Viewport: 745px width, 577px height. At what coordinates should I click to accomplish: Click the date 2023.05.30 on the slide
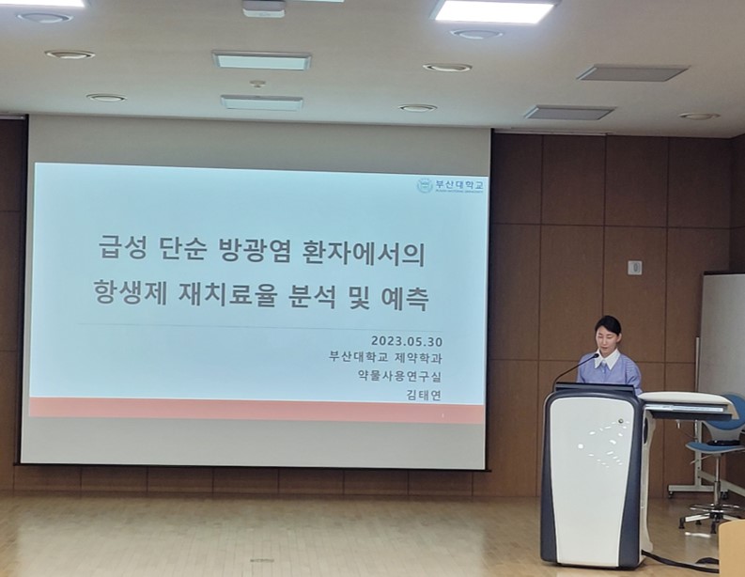pos(405,340)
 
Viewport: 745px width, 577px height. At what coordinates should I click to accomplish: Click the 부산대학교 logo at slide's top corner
pos(451,185)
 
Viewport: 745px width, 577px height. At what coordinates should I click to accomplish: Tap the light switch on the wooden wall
pos(634,268)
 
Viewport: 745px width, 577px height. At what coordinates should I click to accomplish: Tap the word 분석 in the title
pos(331,300)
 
